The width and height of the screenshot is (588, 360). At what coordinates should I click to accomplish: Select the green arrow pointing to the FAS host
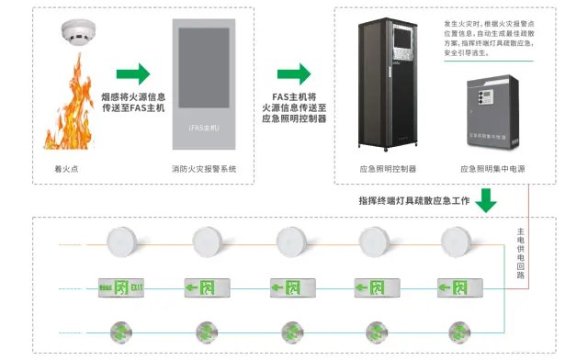133,73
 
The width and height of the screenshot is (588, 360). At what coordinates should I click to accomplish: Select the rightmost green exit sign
458,288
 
